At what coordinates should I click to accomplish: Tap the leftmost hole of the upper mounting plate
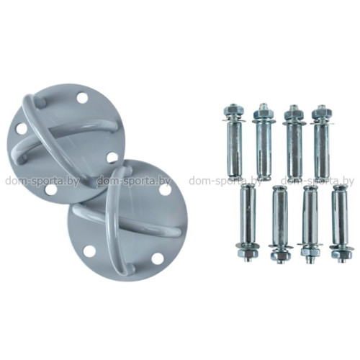(x=22, y=130)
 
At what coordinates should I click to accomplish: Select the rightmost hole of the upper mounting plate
(x=112, y=157)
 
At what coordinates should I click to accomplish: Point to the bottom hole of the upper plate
(x=50, y=190)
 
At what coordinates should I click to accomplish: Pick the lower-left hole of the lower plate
(x=88, y=251)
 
